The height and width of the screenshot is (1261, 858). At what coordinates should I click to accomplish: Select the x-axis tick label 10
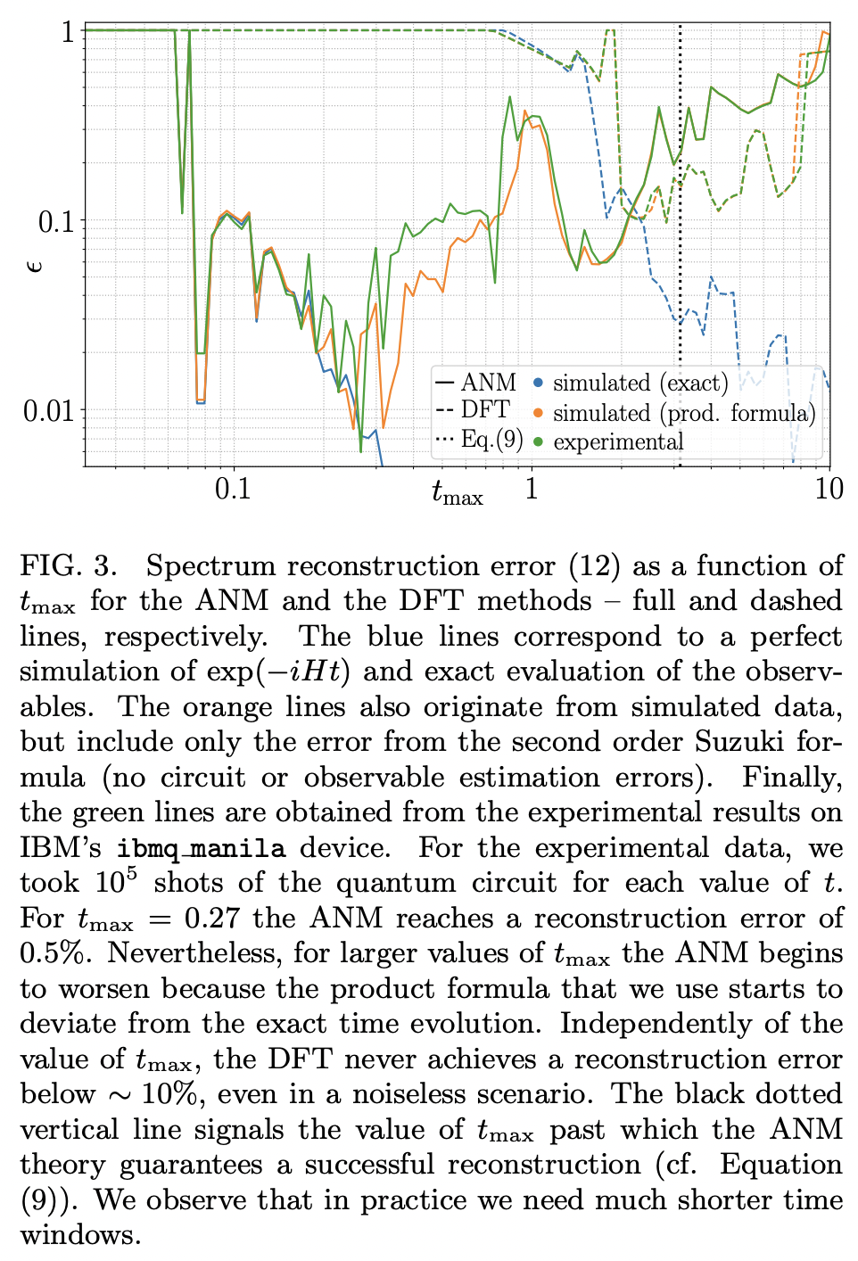(829, 489)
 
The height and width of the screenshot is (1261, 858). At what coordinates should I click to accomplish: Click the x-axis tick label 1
(532, 489)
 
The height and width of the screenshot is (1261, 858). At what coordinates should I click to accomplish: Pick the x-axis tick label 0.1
(233, 489)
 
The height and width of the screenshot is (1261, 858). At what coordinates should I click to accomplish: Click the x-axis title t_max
(457, 492)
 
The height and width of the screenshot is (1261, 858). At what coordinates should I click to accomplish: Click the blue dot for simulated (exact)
(538, 383)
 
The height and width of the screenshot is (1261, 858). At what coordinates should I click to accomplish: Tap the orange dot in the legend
(538, 412)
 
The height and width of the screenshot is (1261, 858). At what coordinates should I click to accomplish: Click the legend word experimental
(618, 441)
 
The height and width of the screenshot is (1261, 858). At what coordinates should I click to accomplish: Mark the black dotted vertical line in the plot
(680, 268)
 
